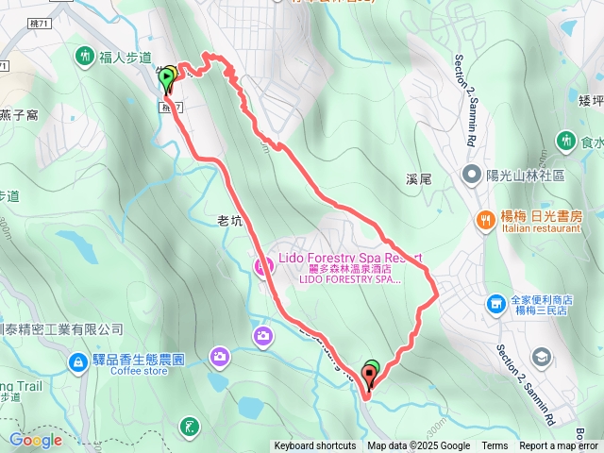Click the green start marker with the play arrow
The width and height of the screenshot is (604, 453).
coord(167,76)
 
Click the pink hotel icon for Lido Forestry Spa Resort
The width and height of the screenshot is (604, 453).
coord(260,266)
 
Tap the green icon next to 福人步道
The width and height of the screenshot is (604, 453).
coord(85,58)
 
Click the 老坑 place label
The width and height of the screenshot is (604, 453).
coord(230,222)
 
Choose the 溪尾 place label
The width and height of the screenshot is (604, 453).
coord(417,177)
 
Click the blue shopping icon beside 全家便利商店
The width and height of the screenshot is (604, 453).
coord(495,304)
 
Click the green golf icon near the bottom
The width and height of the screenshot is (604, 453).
coord(191,427)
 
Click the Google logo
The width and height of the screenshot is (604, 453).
coord(35,440)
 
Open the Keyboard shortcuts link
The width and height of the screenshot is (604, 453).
coord(315,446)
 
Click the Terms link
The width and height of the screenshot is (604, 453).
coord(495,446)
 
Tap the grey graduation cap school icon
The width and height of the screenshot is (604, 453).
coord(542,357)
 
